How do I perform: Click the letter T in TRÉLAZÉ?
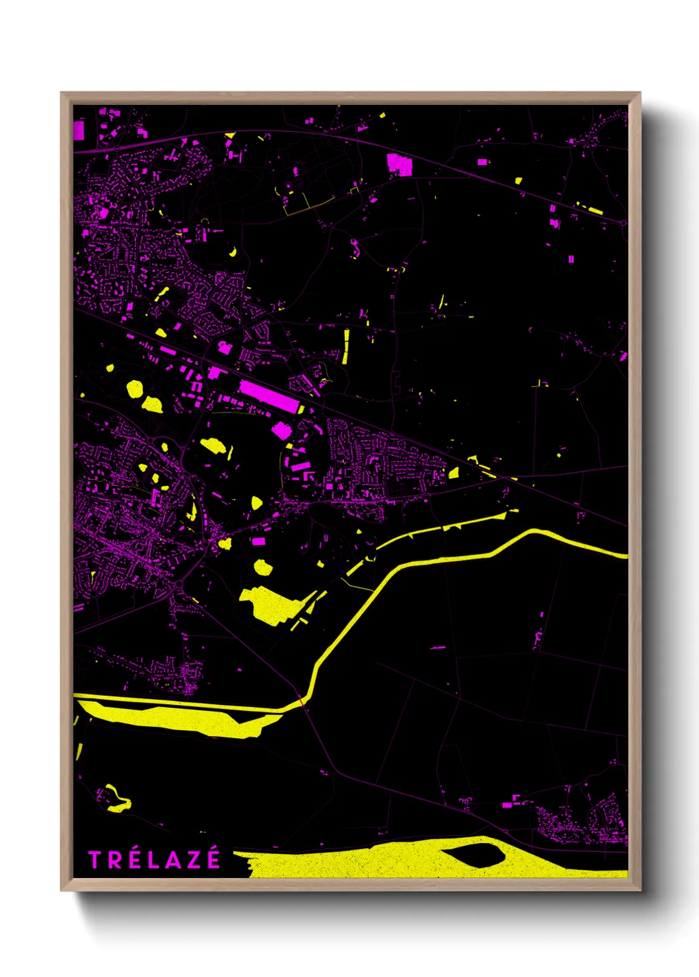pyautogui.click(x=95, y=860)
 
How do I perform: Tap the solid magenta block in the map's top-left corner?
pyautogui.click(x=79, y=130)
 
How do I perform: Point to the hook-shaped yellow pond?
pyautogui.click(x=118, y=799)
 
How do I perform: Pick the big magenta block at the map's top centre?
pyautogui.click(x=398, y=164)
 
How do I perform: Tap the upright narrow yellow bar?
pyautogui.click(x=346, y=346)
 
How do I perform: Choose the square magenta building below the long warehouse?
pyautogui.click(x=282, y=430)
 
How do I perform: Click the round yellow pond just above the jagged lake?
pyautogui.click(x=263, y=567)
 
